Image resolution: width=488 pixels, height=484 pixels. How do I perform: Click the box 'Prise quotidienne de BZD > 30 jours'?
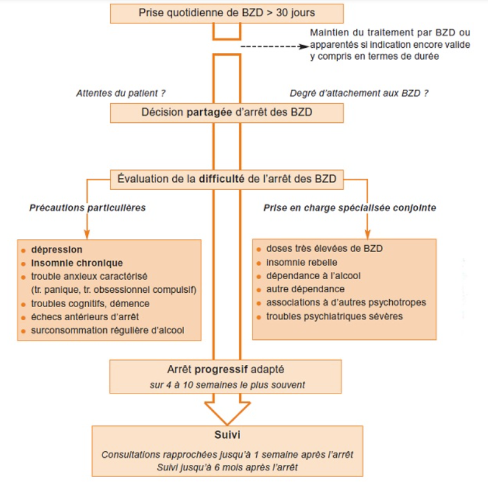point(226,13)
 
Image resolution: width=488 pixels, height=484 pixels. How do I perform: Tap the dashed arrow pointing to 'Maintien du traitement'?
point(274,47)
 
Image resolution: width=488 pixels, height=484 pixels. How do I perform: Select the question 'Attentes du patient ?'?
point(121,93)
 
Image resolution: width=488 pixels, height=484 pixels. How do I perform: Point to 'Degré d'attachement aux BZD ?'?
point(359,93)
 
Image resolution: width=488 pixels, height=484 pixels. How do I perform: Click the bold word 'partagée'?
point(211,113)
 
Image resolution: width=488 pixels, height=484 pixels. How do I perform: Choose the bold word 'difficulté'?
point(225,179)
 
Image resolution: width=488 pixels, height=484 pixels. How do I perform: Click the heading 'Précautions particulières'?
point(87,208)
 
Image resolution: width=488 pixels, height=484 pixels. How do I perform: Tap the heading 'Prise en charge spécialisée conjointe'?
point(349,208)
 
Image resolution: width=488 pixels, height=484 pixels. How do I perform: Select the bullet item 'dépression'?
point(57,249)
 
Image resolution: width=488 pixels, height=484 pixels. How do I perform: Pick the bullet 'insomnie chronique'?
point(76,262)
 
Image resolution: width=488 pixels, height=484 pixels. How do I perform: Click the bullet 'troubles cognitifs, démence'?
point(90,303)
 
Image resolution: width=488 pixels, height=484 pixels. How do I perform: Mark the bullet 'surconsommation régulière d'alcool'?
point(108,330)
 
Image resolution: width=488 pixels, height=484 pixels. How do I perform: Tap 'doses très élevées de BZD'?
point(324,248)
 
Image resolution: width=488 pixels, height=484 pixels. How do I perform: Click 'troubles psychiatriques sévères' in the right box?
point(334,316)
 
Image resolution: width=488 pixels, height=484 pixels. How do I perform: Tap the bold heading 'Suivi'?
point(227,435)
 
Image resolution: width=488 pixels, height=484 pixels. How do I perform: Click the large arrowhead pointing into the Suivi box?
point(227,413)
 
